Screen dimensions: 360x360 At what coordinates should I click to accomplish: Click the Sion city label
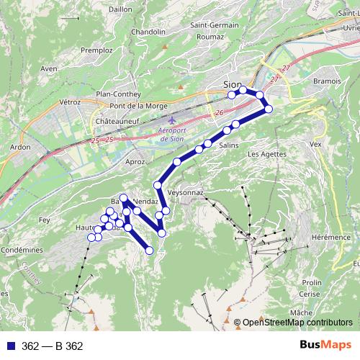233,84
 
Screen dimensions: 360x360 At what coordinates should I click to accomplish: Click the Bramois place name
327,81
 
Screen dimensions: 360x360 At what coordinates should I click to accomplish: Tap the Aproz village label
135,163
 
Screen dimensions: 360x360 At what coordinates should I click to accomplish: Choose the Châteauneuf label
116,123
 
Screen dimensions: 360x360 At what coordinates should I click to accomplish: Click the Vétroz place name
69,102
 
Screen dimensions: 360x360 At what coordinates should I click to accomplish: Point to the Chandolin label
148,32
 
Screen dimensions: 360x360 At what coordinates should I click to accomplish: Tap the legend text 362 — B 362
53,346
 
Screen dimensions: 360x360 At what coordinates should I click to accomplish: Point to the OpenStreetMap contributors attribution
297,323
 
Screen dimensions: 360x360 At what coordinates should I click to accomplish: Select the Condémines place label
22,249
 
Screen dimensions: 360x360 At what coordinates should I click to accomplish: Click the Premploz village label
96,51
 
